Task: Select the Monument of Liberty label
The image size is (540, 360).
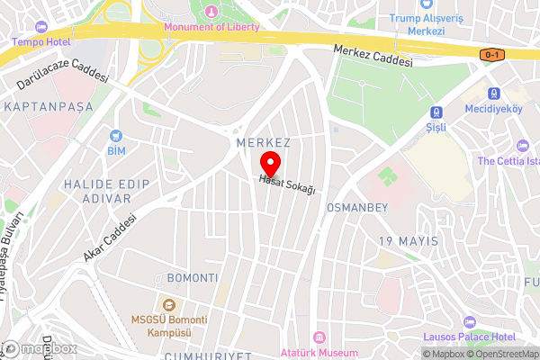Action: click(211, 26)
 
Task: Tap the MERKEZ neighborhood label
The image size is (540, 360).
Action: click(263, 143)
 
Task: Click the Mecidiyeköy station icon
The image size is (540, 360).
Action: click(493, 94)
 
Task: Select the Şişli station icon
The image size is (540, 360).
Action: click(436, 112)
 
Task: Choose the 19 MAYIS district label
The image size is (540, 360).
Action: click(408, 241)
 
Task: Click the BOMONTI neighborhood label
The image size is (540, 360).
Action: click(192, 276)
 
